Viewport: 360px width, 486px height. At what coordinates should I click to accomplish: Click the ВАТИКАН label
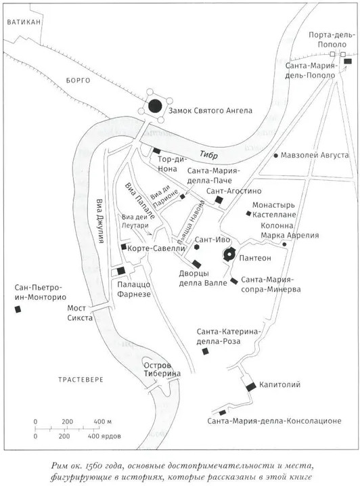click(x=24, y=22)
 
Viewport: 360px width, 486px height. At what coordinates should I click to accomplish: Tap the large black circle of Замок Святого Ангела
click(x=155, y=106)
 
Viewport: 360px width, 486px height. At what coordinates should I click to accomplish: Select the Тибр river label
click(x=208, y=154)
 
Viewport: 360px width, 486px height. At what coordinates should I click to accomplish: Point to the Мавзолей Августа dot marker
click(x=275, y=155)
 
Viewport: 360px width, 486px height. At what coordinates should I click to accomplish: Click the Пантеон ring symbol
click(x=229, y=255)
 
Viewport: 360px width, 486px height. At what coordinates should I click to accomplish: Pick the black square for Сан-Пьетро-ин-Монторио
click(x=18, y=309)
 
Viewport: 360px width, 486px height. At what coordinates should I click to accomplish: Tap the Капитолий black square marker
click(x=250, y=386)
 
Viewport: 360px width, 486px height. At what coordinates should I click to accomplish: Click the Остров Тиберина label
click(x=162, y=370)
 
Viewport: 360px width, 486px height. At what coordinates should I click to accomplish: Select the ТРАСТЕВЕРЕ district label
click(x=81, y=380)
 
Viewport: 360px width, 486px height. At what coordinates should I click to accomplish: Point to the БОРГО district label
click(x=78, y=81)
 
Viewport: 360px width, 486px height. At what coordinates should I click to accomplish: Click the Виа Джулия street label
click(x=99, y=221)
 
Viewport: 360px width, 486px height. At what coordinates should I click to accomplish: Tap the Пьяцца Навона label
click(x=191, y=221)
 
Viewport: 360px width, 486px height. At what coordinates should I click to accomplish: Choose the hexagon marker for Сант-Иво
click(x=197, y=247)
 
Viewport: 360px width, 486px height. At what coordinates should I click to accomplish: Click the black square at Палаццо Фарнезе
click(x=121, y=271)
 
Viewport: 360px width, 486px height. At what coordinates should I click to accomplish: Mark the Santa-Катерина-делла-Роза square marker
click(x=205, y=351)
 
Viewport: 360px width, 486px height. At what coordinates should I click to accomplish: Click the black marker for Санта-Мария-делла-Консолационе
click(x=223, y=413)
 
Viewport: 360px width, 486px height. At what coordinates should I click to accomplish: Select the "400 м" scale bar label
click(x=103, y=422)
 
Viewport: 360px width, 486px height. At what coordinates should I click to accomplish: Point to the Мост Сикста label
click(x=80, y=313)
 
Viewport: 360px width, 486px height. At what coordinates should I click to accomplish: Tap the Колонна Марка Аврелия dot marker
click(x=284, y=244)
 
